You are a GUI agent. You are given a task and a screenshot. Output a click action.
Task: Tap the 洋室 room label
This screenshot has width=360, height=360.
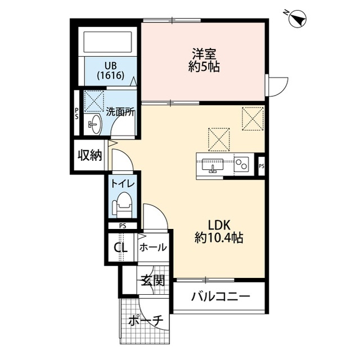pos(204,55)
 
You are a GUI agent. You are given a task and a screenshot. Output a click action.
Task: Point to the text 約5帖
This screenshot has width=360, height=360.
pos(204,67)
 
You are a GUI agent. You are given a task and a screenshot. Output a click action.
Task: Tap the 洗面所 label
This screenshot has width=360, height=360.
pos(120,111)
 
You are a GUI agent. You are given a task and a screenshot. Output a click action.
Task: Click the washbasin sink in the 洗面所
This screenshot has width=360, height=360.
pos(93,125)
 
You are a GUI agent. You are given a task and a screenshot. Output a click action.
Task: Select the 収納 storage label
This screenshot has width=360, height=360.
pos(90,155)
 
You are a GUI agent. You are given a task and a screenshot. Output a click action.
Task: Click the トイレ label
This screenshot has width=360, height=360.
pos(121,183)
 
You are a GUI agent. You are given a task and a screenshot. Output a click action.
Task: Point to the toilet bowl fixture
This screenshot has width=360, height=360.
pos(122,205)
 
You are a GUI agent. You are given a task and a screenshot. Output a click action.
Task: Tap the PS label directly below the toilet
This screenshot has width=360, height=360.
pos(122,226)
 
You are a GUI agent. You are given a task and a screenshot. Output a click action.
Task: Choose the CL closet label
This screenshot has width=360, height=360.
pos(121,247)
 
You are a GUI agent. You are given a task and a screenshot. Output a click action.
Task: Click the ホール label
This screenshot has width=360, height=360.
pos(152,247)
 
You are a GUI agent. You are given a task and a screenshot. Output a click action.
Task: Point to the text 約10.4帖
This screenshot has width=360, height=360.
pos(219,238)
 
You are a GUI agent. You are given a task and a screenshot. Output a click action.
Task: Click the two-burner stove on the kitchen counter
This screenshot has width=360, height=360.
pos(242,164)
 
